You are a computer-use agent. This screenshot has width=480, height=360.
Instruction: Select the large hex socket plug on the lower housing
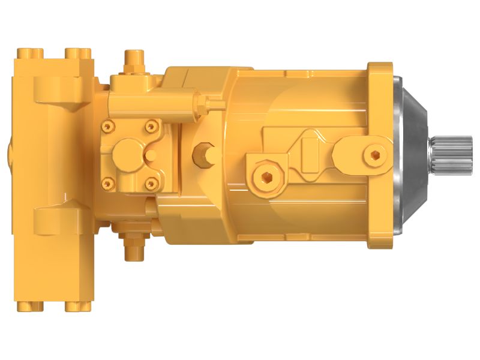[266, 176]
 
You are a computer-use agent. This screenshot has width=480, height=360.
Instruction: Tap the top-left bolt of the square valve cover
[109, 127]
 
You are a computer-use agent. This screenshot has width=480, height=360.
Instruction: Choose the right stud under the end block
[77, 307]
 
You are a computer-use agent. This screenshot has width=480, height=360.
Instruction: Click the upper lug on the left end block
[60, 90]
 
